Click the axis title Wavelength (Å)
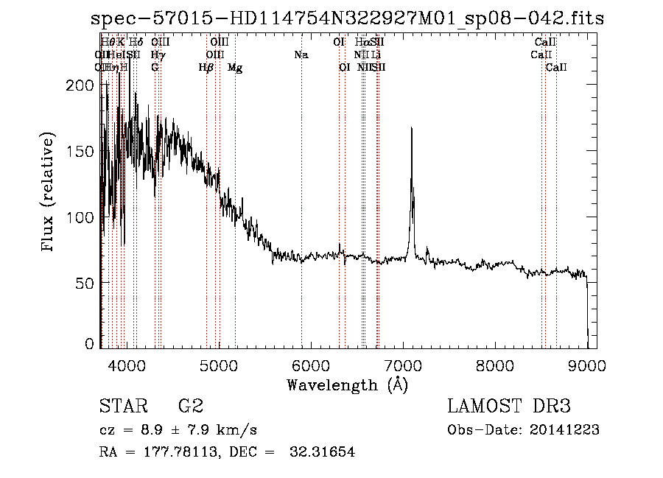pos(347,384)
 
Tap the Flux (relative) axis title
pos(49,193)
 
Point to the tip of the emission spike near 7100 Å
pos(410,128)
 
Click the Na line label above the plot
pos(301,55)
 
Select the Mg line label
pos(235,68)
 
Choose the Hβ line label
pos(206,67)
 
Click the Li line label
pos(376,55)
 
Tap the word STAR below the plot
pos(121,407)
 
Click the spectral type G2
pos(190,407)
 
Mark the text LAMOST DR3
pos(508,407)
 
